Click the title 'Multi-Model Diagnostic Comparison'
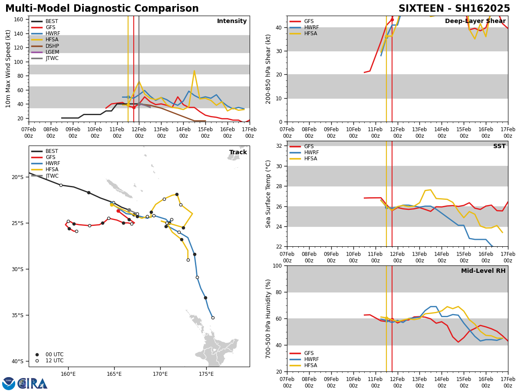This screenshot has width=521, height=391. [102, 9]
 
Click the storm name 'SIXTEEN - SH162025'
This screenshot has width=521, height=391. [454, 9]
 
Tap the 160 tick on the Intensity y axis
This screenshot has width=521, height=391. [20, 20]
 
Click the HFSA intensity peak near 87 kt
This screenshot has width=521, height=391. [194, 71]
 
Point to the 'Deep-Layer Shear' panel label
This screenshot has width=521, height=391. [475, 21]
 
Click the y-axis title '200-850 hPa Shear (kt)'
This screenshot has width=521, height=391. [269, 69]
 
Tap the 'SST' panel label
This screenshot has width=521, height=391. [499, 146]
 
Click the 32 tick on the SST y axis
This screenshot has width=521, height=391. [280, 146]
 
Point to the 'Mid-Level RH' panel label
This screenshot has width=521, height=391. [483, 271]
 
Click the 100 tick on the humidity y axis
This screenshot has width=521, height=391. [278, 265]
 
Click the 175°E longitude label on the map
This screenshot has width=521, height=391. [206, 374]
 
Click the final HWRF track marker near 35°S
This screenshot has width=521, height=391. [213, 318]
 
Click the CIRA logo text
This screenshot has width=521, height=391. [33, 383]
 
